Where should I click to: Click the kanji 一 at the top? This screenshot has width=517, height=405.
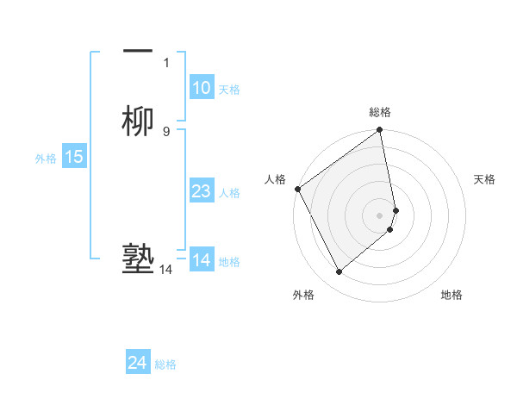click(138, 50)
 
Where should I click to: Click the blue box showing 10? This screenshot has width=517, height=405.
click(201, 88)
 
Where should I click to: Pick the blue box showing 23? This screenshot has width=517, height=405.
click(201, 192)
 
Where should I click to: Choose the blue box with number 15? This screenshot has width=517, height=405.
click(74, 157)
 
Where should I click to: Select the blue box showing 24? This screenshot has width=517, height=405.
click(137, 363)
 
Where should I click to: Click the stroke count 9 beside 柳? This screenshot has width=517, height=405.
click(166, 131)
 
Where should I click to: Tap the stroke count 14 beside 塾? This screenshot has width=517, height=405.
click(165, 270)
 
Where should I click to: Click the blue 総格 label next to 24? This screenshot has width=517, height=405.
click(165, 364)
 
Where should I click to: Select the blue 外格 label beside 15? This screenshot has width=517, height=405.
click(46, 159)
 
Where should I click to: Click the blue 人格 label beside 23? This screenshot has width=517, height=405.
click(229, 194)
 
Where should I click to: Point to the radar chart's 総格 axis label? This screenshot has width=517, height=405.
click(380, 112)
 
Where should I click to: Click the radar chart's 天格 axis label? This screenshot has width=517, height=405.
click(484, 179)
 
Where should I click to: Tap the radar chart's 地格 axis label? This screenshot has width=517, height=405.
click(452, 295)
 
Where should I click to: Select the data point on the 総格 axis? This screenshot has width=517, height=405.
click(380, 131)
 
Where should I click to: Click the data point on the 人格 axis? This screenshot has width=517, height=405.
click(297, 189)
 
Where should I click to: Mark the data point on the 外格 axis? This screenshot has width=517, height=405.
click(339, 271)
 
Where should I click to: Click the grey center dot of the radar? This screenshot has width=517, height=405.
click(380, 215)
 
